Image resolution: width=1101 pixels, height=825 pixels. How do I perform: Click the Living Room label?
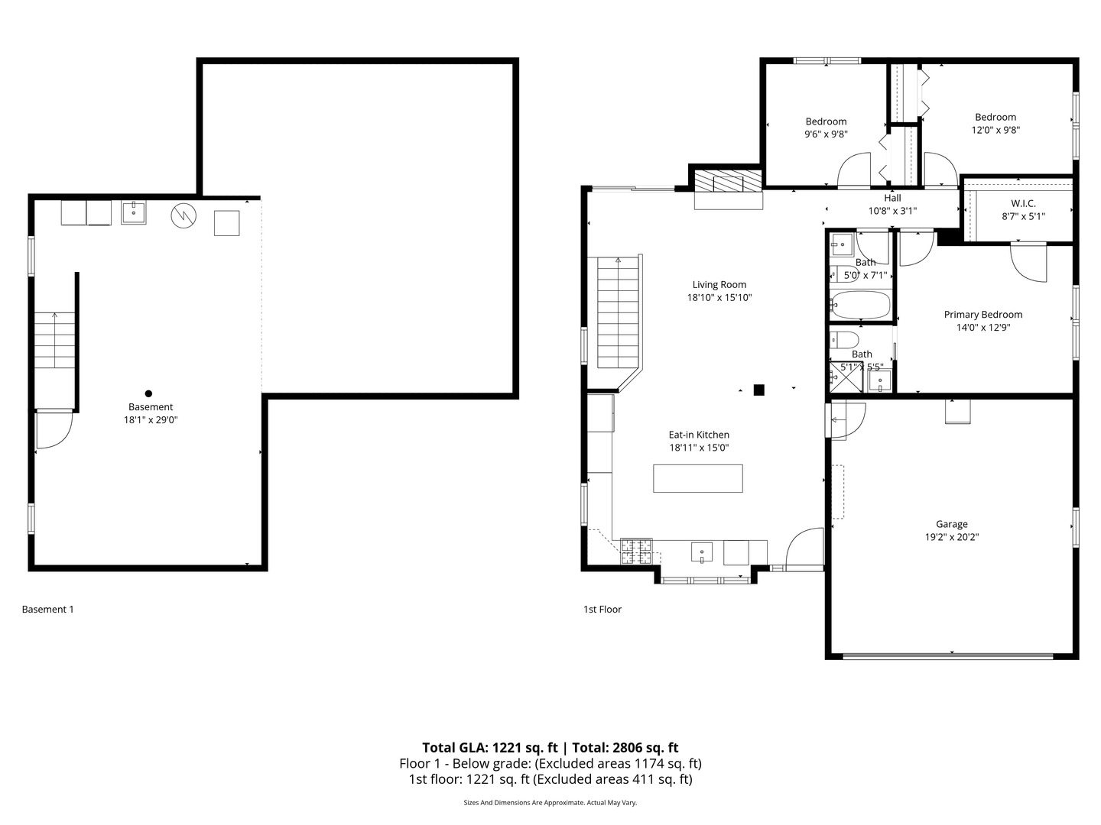[719, 285]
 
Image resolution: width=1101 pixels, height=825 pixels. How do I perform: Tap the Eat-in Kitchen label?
[699, 435]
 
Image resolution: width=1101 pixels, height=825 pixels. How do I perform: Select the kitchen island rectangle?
[697, 478]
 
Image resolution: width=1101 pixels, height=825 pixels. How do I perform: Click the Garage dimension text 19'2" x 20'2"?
[951, 537]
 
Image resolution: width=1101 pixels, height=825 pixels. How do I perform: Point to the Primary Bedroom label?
[982, 315]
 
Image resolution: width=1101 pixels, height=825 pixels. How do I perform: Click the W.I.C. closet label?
[1023, 203]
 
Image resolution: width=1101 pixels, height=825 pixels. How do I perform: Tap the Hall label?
[892, 198]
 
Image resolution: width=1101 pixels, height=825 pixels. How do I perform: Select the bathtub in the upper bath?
[862, 306]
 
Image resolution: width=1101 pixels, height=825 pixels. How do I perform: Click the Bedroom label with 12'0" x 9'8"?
[995, 117]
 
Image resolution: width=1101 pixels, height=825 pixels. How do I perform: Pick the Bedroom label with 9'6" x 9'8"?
[826, 121]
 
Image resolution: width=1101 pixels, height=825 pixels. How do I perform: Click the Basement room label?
[151, 407]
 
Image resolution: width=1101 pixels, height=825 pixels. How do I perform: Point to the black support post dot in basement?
[148, 394]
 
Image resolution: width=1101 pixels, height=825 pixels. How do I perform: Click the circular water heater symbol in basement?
[183, 215]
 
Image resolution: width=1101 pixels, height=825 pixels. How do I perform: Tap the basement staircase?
[55, 340]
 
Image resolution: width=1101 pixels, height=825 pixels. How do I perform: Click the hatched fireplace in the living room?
[728, 182]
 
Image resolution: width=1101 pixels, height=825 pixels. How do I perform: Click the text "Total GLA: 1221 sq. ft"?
[491, 748]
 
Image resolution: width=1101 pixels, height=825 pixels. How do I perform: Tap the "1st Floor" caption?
[602, 610]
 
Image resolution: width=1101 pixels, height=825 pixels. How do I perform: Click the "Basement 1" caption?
[47, 610]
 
